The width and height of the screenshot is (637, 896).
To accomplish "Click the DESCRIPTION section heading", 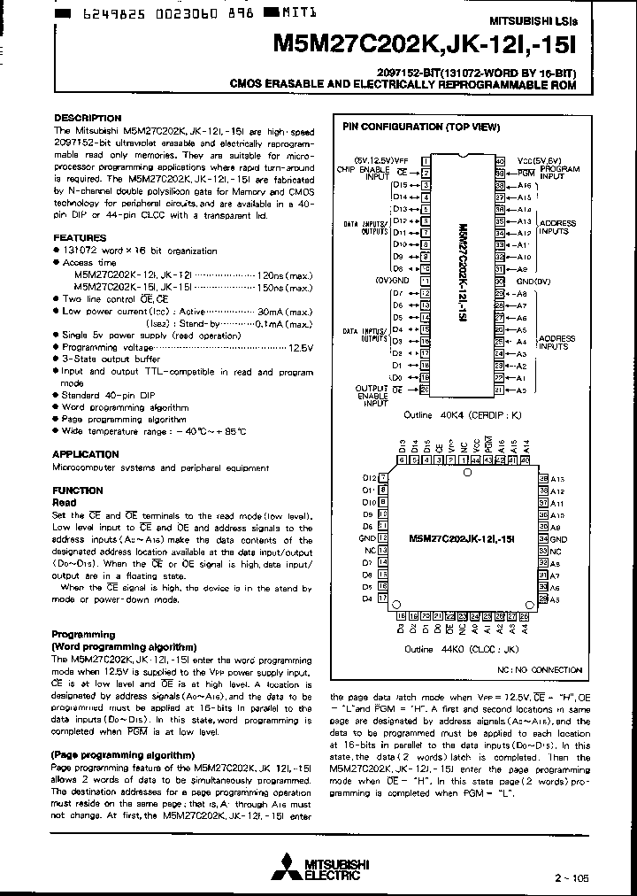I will point(88,118).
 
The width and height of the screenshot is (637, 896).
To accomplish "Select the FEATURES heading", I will point(80,238).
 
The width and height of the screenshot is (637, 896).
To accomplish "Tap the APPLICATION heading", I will point(86,454).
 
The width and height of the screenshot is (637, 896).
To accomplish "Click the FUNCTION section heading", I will point(78,490).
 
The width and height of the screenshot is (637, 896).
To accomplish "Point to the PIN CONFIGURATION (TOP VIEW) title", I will point(421,127).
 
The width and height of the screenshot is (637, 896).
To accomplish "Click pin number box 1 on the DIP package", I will point(426,161).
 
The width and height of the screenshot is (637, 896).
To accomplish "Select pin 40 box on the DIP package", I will point(500,161).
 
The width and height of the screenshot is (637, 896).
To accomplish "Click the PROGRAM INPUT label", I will point(559,173).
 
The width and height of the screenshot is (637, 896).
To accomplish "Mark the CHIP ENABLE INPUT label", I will point(363,173).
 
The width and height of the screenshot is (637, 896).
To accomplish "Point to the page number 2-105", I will point(570,877).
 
